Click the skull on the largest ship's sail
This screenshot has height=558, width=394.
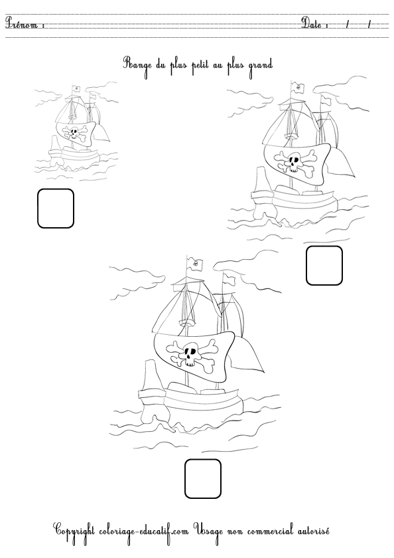point(192,355)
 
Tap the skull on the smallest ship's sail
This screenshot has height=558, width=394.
point(74,134)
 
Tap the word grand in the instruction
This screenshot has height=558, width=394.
point(261,66)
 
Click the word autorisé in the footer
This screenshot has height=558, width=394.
point(313,531)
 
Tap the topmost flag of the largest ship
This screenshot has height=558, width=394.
point(195,264)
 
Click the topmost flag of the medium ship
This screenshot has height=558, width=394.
point(297,87)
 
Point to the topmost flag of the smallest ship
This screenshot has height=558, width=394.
point(76,88)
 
